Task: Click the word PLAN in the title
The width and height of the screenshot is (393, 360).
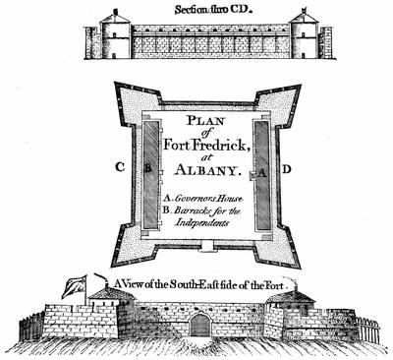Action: point(205,120)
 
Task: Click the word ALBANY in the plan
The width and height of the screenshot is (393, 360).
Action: point(205,170)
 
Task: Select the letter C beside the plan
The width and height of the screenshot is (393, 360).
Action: point(120,167)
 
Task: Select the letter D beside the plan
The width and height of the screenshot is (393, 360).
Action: point(287,169)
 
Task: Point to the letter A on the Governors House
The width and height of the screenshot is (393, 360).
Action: point(262,174)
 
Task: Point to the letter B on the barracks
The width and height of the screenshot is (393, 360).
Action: point(148,168)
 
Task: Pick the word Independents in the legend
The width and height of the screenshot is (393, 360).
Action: point(201,223)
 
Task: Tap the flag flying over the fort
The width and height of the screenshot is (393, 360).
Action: point(75,287)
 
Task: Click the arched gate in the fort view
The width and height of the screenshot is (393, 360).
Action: point(200,325)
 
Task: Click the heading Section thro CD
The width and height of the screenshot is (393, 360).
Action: point(214,10)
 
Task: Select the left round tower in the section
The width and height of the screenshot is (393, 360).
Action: point(116,34)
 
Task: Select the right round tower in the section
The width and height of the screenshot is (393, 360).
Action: point(305,34)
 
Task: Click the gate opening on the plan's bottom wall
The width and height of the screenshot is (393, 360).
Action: point(207,245)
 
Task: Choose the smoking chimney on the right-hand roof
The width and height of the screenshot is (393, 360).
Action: point(296,285)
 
